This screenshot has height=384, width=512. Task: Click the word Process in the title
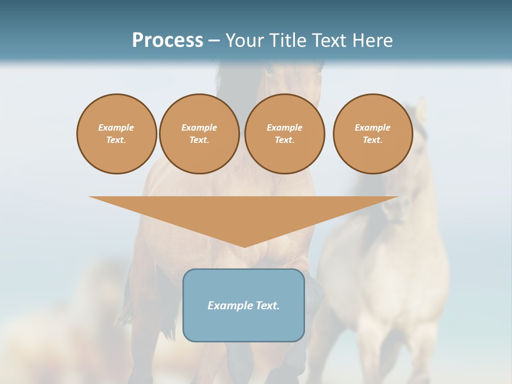click(x=167, y=40)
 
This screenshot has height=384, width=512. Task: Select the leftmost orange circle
click(x=116, y=134)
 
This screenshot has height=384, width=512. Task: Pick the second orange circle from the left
click(x=199, y=134)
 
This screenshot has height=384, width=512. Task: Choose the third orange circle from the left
click(x=284, y=134)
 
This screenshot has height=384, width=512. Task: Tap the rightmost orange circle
click(x=373, y=134)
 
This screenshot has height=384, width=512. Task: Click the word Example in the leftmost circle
click(x=116, y=127)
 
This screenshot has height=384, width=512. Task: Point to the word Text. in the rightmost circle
click(x=373, y=140)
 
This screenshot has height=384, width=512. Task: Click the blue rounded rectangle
click(x=244, y=325)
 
